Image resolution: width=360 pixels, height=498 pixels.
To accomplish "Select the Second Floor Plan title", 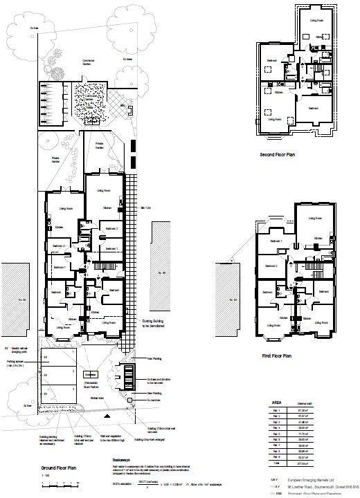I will [278, 156].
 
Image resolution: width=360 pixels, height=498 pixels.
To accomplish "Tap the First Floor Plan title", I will [276, 356].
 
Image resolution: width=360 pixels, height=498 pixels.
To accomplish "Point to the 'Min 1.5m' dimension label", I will [145, 207].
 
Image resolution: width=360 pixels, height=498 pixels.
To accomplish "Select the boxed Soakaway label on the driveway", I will [89, 374].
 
